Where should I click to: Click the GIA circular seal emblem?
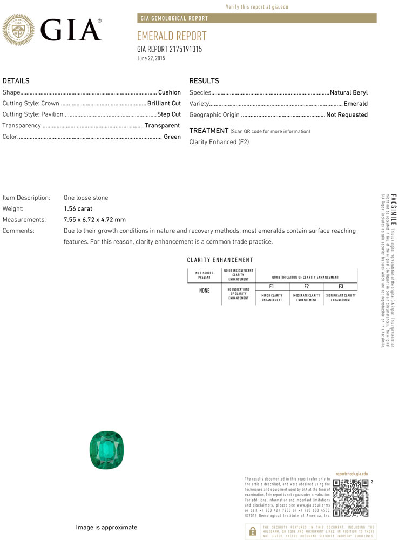pos(19,30)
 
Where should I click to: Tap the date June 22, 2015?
pos(151,58)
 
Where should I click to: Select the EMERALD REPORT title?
pos(172,37)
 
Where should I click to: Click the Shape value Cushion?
pos(170,92)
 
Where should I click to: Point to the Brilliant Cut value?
pos(164,103)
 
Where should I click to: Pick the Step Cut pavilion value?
pos(169,114)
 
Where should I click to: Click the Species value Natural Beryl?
pos(349,92)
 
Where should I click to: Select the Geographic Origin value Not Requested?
pos(347,114)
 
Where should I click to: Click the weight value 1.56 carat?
pos(78,208)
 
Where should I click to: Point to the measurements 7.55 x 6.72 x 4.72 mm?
pos(94,220)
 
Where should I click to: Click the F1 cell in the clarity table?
pos(272,286)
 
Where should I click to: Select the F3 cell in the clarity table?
pos(340,286)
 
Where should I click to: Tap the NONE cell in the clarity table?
pos(204,291)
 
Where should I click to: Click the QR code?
pos(350,497)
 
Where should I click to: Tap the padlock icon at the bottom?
pos(252,531)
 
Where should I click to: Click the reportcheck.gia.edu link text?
pos(351,473)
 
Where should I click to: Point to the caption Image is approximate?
pos(106,527)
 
